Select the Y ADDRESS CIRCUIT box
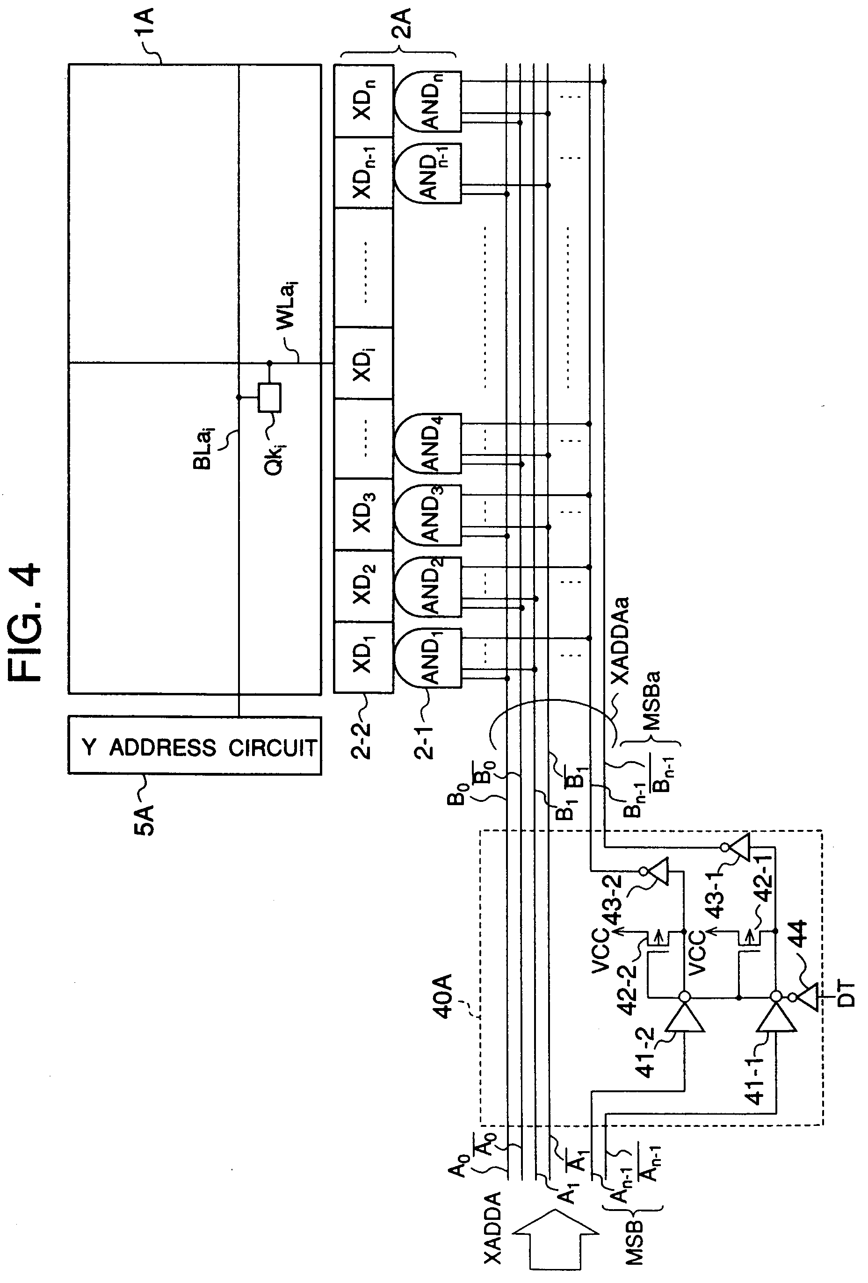pyautogui.click(x=195, y=745)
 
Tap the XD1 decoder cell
pyautogui.click(x=363, y=657)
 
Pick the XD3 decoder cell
pyautogui.click(x=363, y=514)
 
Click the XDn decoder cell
pyautogui.click(x=363, y=101)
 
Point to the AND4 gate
pyautogui.click(x=427, y=443)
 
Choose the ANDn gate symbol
pyautogui.click(x=427, y=101)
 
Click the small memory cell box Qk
pyautogui.click(x=269, y=397)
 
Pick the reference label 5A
pyautogui.click(x=145, y=820)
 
